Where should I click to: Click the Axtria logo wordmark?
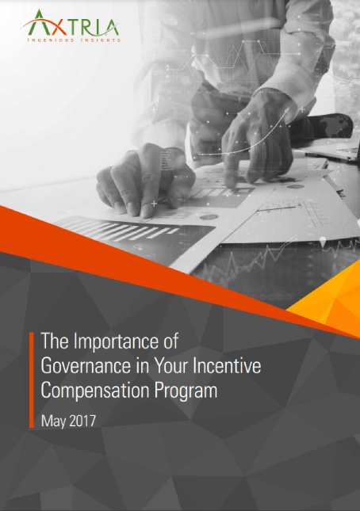click(x=72, y=25)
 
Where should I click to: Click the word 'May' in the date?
click(x=53, y=420)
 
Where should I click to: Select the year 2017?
click(x=82, y=420)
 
